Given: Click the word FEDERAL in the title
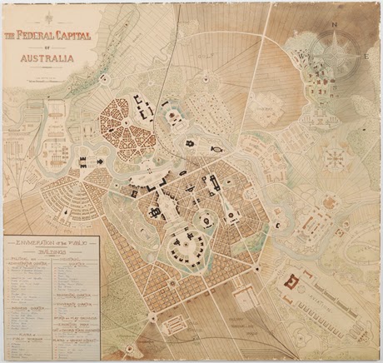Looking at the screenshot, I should [43, 36].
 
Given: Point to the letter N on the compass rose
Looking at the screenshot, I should [335, 25].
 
